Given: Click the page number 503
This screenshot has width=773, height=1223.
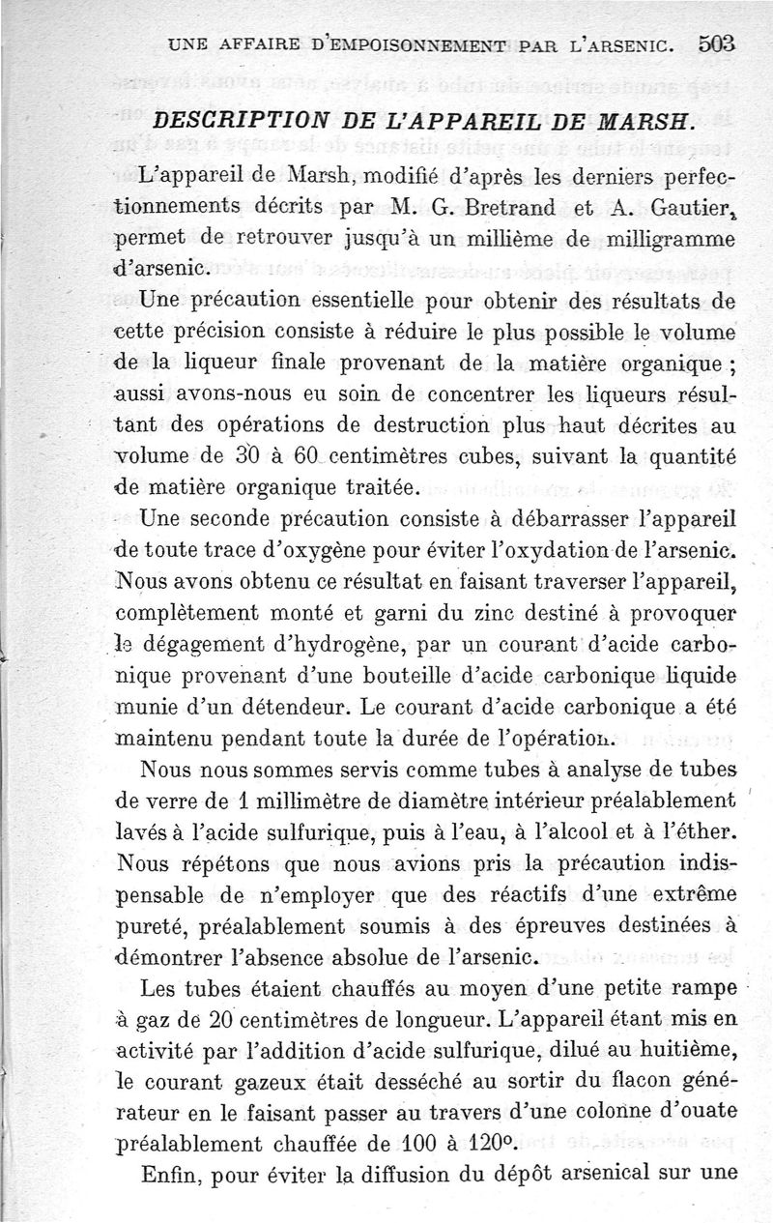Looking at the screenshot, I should pos(716,44).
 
